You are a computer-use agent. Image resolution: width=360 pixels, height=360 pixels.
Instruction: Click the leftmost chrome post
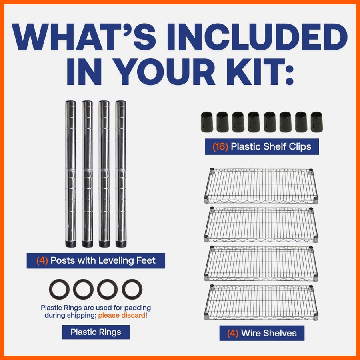click(x=70, y=174)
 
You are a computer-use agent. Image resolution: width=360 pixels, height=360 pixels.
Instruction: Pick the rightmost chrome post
click(x=121, y=174)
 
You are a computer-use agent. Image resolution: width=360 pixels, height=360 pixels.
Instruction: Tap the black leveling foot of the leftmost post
click(x=71, y=244)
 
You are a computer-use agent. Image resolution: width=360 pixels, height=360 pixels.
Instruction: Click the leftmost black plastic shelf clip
click(x=207, y=122)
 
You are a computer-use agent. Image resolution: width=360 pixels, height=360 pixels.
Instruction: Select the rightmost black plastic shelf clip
click(x=317, y=122)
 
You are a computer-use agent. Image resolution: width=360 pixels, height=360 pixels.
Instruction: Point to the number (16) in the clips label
click(x=220, y=146)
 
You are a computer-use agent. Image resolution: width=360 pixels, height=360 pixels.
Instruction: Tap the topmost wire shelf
click(x=261, y=186)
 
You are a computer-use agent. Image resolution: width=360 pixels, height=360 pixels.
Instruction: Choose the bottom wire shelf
click(x=261, y=303)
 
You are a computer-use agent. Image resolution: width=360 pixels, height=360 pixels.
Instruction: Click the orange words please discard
click(x=122, y=315)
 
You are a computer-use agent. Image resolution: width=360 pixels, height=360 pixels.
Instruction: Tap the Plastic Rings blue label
click(x=96, y=332)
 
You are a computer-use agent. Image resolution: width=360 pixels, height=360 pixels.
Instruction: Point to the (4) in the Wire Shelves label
click(x=232, y=333)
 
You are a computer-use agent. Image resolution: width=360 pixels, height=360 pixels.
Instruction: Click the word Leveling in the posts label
click(x=116, y=260)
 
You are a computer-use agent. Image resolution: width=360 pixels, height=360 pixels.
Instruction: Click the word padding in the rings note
click(x=138, y=308)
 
